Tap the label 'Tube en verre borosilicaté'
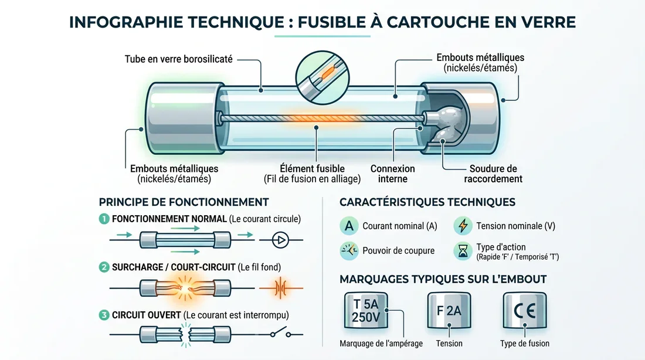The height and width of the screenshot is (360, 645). [x=178, y=59]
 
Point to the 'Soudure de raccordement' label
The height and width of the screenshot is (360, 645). [x=493, y=174]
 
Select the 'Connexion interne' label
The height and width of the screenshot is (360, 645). [x=392, y=174]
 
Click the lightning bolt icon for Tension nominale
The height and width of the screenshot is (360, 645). [x=463, y=226]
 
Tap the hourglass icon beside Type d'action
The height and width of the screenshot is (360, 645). [x=463, y=251]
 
